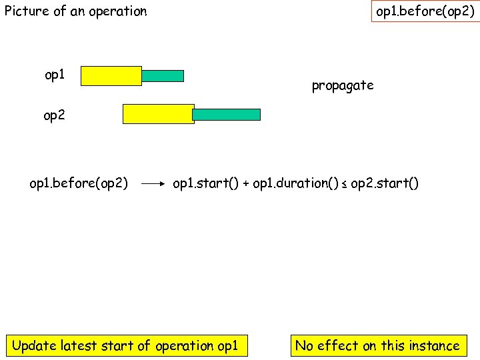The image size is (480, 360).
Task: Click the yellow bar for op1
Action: pyautogui.click(x=111, y=76)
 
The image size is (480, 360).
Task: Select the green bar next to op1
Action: pyautogui.click(x=163, y=76)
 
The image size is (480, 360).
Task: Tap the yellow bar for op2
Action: pyautogui.click(x=158, y=114)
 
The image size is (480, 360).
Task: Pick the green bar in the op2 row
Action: pyautogui.click(x=227, y=115)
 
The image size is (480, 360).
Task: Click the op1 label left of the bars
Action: pyautogui.click(x=55, y=75)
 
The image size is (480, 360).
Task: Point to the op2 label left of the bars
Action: pyautogui.click(x=55, y=115)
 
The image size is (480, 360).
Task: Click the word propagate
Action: pyautogui.click(x=343, y=85)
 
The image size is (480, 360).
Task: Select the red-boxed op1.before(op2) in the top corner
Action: pyautogui.click(x=425, y=12)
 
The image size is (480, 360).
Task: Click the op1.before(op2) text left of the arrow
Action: pyautogui.click(x=79, y=183)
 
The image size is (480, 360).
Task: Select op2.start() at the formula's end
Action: pyautogui.click(x=385, y=183)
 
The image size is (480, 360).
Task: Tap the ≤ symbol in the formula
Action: pyautogui.click(x=345, y=184)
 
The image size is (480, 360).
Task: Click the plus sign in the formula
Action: pyautogui.click(x=245, y=183)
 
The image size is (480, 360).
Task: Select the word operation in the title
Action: pyautogui.click(x=117, y=11)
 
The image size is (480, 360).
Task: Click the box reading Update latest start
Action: pyautogui.click(x=125, y=345)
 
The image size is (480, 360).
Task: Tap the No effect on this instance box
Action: pyautogui.click(x=377, y=345)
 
